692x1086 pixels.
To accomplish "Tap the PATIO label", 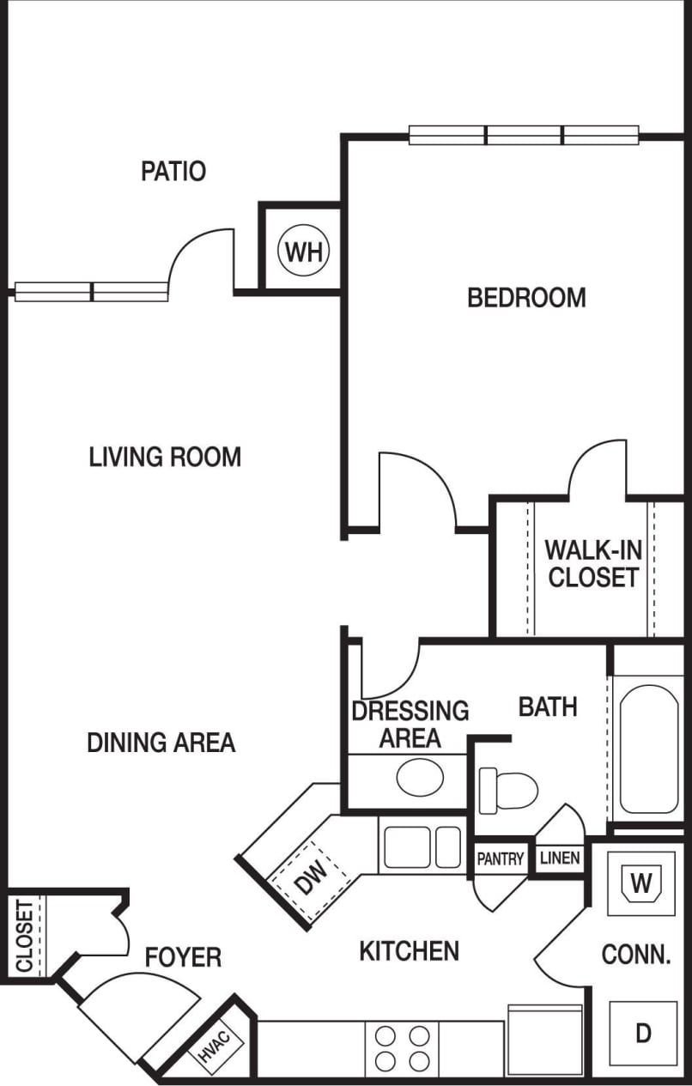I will coord(173,171).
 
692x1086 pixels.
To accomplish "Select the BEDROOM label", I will coord(526,298).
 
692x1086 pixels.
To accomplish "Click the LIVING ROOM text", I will coord(165,457).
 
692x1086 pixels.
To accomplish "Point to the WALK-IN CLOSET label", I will coord(593,563).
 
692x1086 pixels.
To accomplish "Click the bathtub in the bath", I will coord(649,749).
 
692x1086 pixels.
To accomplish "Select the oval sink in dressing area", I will coord(420,776).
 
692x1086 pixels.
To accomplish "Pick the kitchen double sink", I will coord(422,846).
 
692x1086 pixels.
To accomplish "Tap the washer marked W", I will coord(641,883).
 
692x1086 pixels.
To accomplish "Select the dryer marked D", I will coord(643,1034).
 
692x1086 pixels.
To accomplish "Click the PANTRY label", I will coord(501,858).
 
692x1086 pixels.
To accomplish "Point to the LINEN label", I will coord(560,858).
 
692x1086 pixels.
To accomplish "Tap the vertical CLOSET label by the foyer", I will coord(24,935).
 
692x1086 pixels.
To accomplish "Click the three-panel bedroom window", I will coord(524,135).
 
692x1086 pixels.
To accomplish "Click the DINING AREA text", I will coord(161,743).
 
